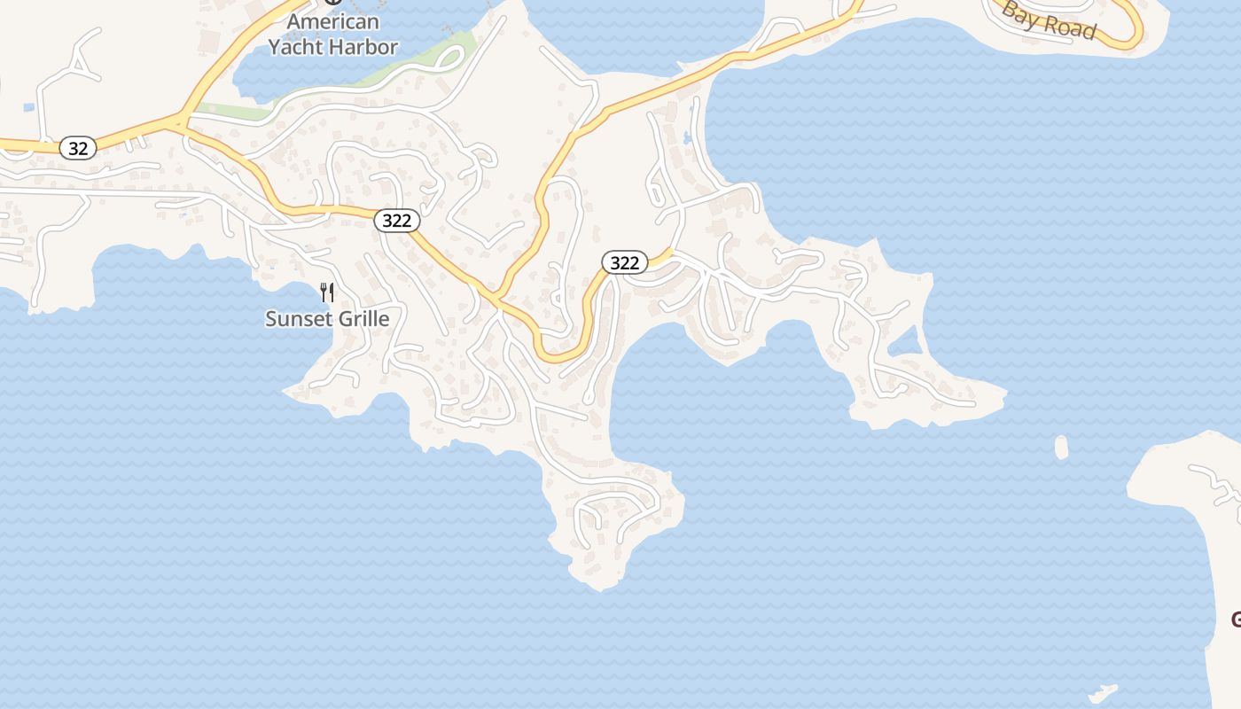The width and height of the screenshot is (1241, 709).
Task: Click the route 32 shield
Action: [78, 148]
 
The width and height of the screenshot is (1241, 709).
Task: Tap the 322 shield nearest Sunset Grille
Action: [396, 220]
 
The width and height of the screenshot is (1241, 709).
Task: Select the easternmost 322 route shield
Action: [625, 262]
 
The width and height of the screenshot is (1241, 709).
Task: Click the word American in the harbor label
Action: [333, 22]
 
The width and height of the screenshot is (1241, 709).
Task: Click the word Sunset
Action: [297, 319]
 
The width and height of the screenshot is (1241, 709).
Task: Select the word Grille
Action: [361, 319]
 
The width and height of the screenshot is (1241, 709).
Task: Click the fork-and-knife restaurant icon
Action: [327, 292]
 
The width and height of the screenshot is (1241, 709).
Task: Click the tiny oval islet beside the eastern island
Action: [1061, 447]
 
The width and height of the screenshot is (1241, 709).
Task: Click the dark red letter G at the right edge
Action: [1235, 619]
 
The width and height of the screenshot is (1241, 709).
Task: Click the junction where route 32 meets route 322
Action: [183, 123]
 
